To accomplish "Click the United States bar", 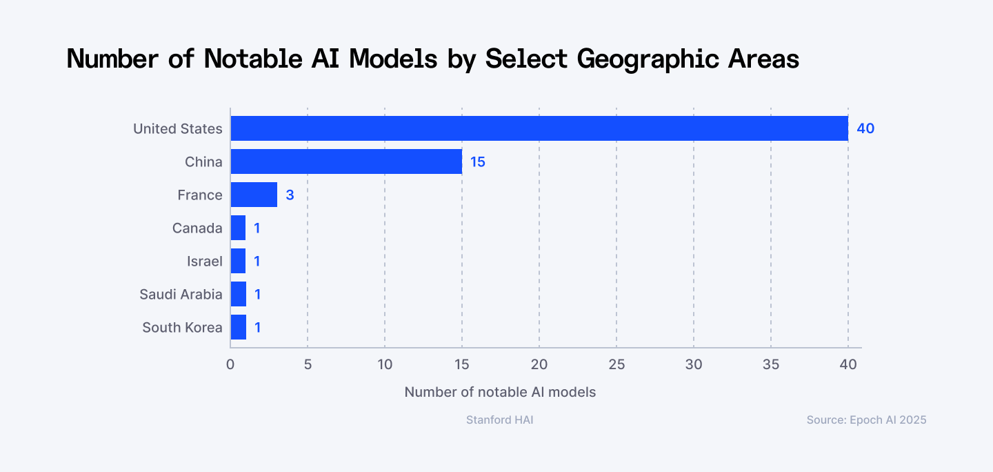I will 539,128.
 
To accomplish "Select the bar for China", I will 346,161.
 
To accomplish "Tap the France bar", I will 254,195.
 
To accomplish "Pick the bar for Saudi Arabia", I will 239,294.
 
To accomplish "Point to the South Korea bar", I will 239,327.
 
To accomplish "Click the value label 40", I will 865,128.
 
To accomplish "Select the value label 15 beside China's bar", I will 478,161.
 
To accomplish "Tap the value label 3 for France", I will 290,195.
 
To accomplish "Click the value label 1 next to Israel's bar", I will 257,261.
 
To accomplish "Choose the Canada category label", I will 197,228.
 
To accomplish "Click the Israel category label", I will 204,261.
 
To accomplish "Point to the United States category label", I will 178,128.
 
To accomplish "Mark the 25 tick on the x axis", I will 616,364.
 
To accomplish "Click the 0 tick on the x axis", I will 230,364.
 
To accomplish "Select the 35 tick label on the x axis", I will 771,364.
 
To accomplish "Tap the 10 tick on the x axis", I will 385,364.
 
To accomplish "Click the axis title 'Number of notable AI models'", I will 500,392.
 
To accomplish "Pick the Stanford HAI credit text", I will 500,420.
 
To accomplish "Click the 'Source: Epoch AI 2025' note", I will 866,420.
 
